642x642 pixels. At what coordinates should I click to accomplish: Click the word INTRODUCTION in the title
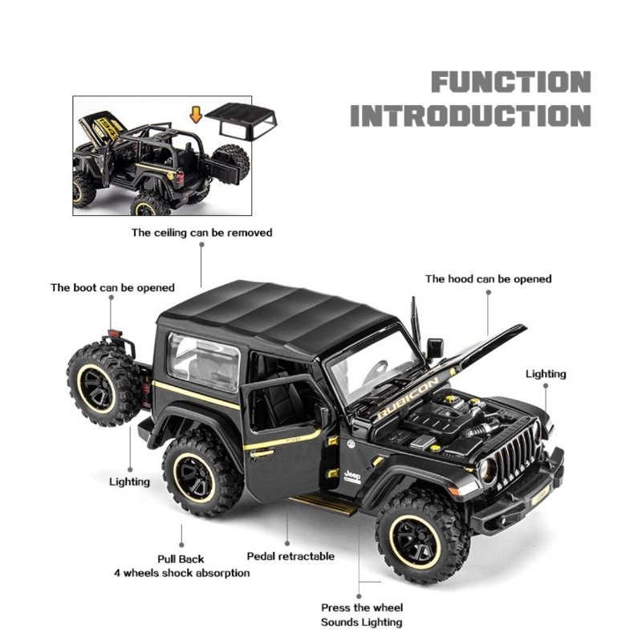[470, 115]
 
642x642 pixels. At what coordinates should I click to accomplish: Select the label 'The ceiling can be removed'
[202, 233]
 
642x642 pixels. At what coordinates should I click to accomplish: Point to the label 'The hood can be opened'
[488, 278]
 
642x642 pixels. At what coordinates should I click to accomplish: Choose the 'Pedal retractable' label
[291, 555]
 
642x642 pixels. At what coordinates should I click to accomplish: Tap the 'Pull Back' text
[181, 559]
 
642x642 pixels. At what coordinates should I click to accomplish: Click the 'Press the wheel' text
[362, 607]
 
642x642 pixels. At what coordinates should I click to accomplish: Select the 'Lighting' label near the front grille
[546, 373]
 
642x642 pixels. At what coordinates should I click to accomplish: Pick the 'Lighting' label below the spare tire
[129, 481]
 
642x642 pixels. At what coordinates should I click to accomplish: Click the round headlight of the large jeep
[488, 471]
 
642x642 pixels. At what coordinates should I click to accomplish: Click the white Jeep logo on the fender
[352, 476]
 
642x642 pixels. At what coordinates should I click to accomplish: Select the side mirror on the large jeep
[435, 348]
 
